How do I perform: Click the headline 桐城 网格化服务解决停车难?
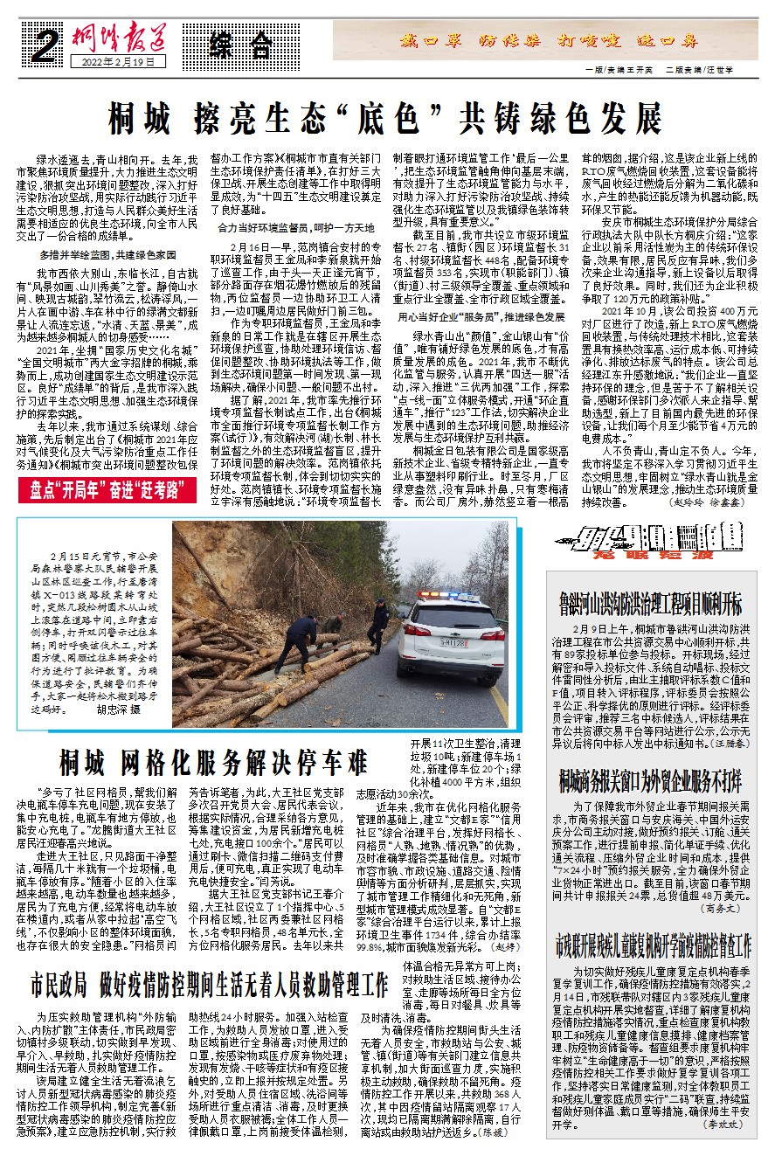(213, 763)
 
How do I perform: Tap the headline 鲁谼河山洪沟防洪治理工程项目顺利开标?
(651, 603)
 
